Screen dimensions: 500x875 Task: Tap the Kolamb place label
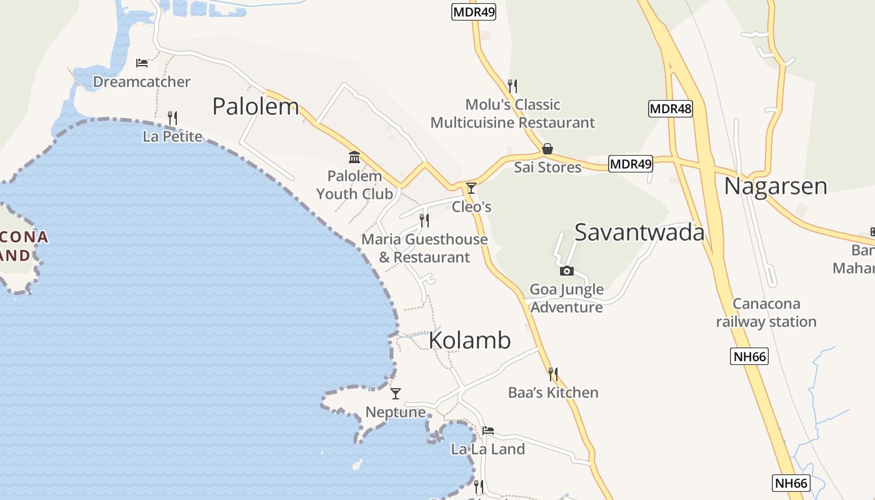tap(470, 340)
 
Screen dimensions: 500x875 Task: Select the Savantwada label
tap(639, 232)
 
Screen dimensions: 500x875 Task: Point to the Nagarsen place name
tap(776, 186)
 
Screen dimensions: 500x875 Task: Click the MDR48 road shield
tap(671, 109)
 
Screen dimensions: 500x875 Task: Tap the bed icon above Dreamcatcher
tap(142, 63)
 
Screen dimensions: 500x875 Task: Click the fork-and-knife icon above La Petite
tap(172, 117)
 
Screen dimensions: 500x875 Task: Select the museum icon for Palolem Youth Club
tap(354, 157)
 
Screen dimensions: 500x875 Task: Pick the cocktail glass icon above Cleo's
tap(471, 187)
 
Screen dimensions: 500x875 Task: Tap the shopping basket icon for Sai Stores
tap(547, 149)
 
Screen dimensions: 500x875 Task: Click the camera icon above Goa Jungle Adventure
tap(567, 271)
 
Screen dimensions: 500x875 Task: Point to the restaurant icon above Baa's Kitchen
tap(553, 374)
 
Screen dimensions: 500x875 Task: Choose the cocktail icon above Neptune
tap(396, 393)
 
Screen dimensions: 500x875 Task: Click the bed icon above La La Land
tap(488, 430)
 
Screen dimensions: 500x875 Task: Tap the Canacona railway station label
tap(766, 312)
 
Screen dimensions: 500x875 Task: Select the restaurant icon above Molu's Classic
tap(512, 86)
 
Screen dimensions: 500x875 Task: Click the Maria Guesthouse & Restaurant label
tap(424, 248)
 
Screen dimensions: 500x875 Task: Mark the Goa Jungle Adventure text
tap(567, 298)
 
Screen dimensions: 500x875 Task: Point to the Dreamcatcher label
tap(142, 82)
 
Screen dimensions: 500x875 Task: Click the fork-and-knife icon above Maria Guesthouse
tap(424, 220)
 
